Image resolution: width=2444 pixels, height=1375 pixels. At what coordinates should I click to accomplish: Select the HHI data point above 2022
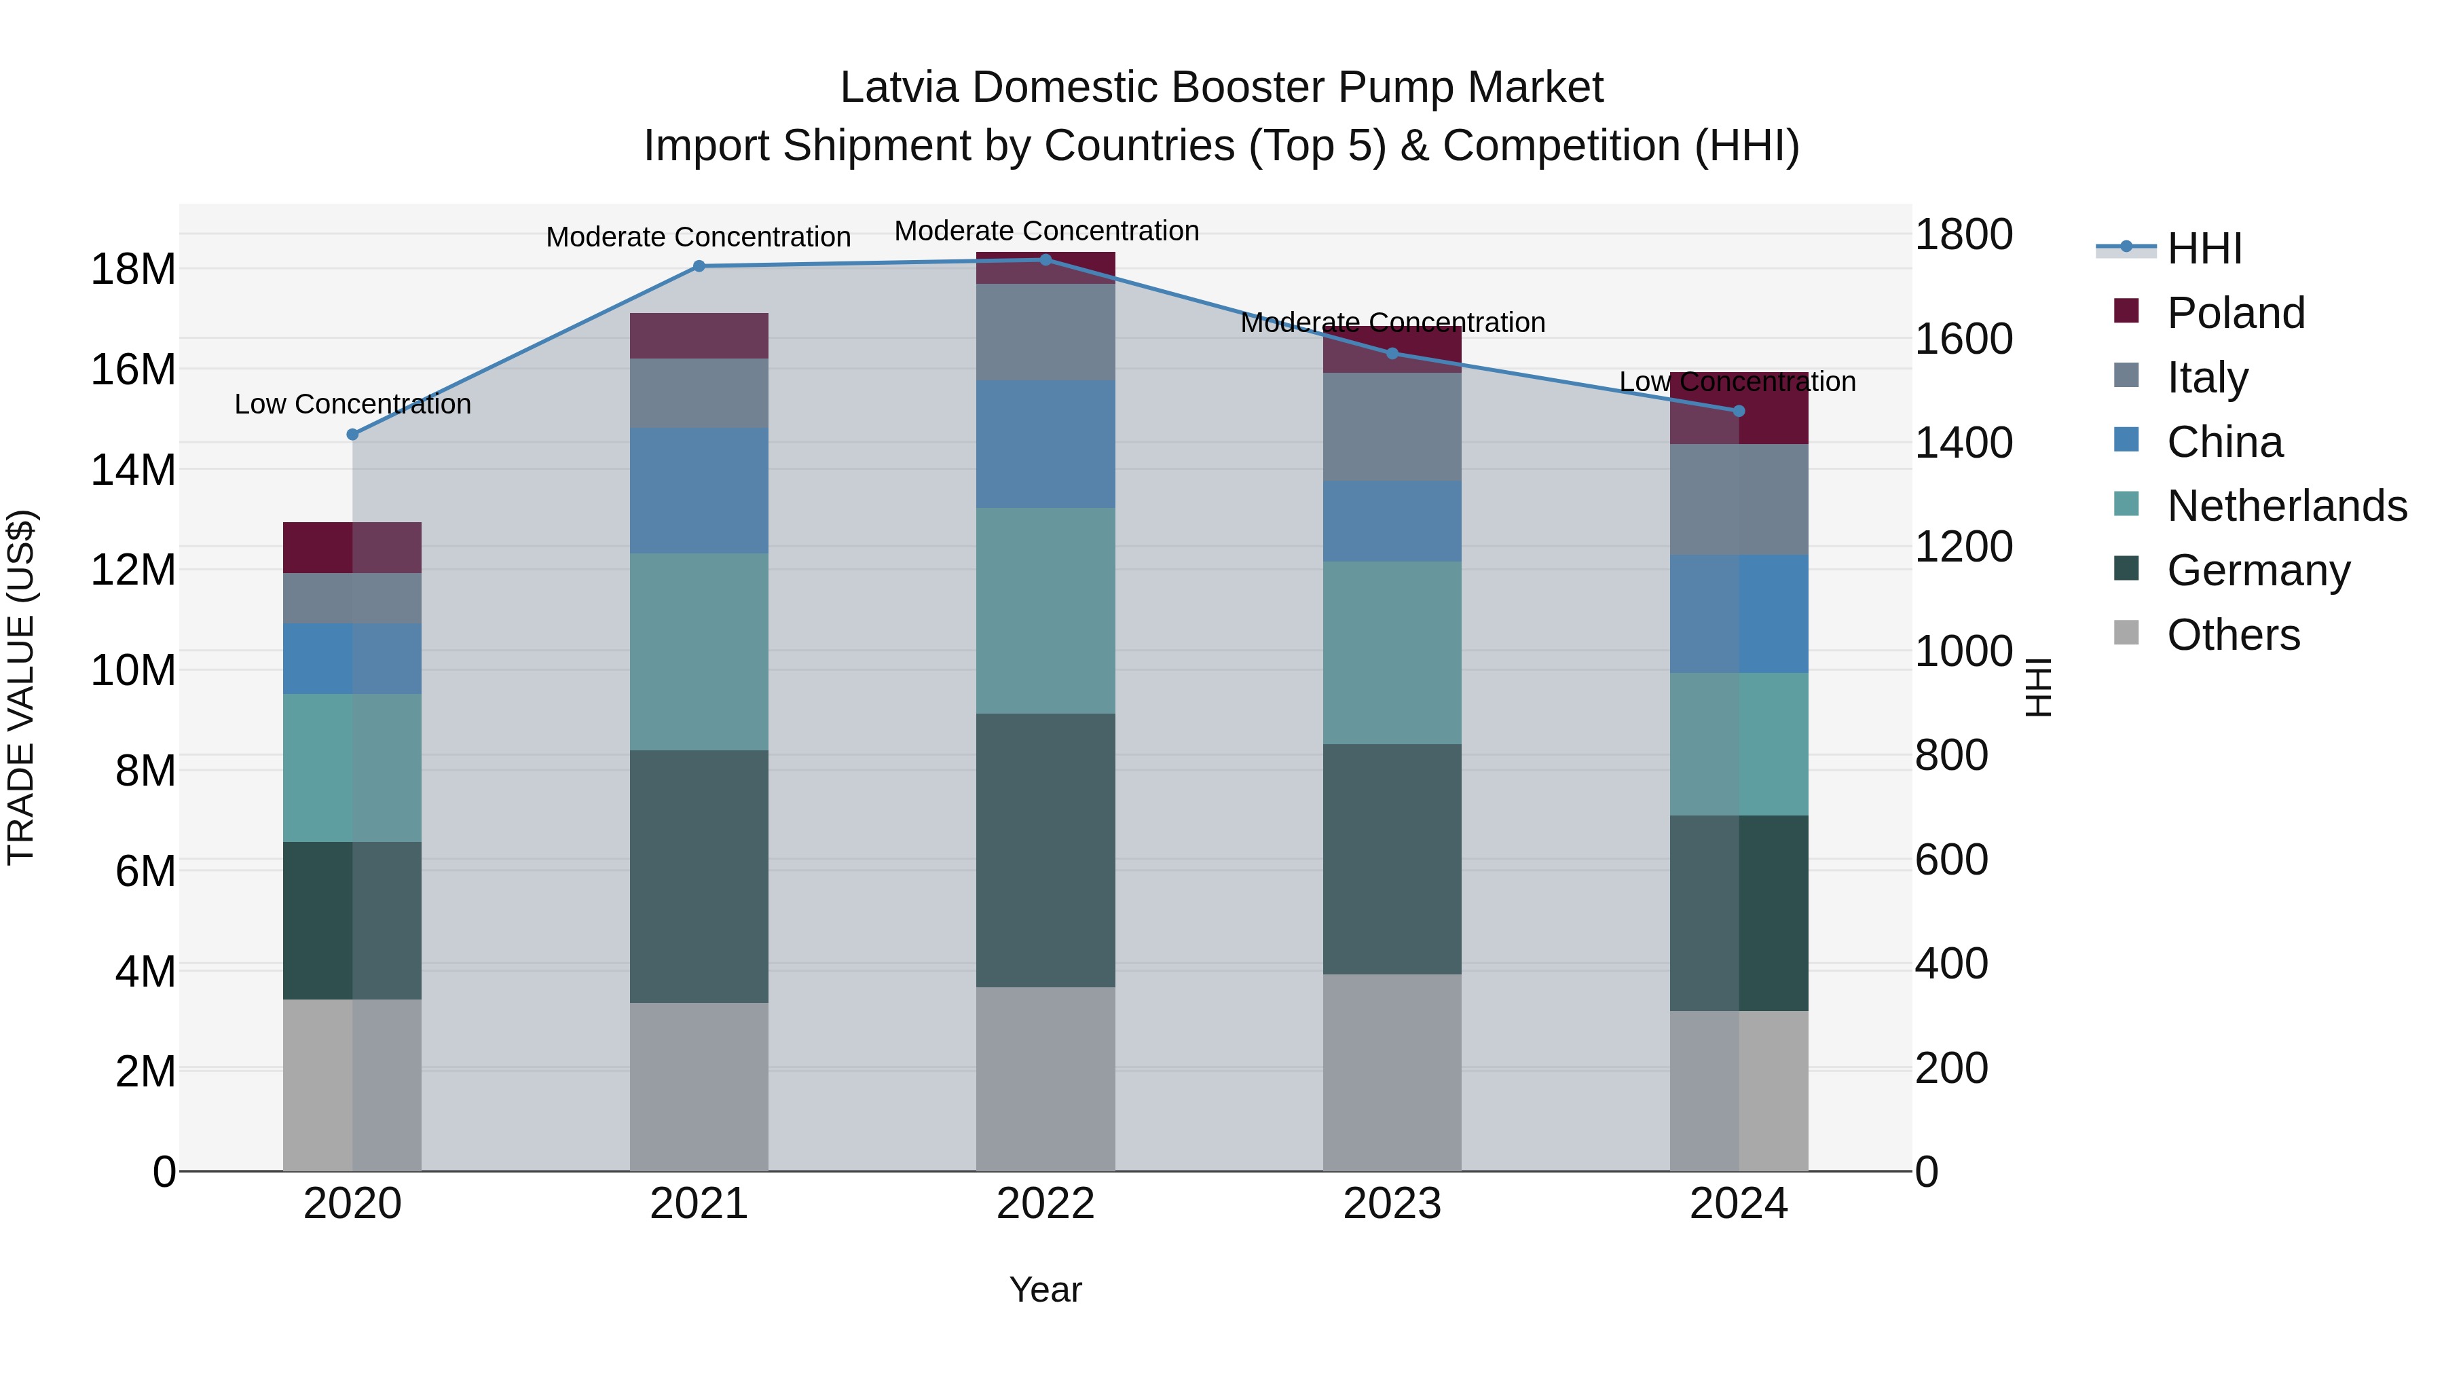(x=1045, y=259)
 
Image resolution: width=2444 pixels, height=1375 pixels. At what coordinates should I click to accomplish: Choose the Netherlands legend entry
(x=2286, y=506)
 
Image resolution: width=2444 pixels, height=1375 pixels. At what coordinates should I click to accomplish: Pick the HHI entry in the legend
(x=2204, y=249)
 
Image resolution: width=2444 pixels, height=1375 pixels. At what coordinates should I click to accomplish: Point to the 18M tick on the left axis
(x=133, y=270)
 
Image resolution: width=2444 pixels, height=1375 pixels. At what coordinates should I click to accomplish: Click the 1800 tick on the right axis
(x=1963, y=234)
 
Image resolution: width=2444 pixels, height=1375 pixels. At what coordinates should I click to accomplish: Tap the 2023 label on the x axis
(x=1392, y=1204)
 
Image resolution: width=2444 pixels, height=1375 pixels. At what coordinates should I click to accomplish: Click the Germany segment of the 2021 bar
(x=699, y=876)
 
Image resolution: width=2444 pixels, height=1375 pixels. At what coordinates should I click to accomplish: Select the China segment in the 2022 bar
(x=1045, y=444)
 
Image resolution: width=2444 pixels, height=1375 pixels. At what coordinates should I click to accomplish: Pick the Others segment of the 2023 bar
(x=1392, y=1072)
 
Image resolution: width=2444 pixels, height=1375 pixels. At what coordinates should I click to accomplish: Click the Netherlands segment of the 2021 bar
(x=699, y=652)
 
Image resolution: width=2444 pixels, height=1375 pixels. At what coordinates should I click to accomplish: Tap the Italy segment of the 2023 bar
(x=1392, y=427)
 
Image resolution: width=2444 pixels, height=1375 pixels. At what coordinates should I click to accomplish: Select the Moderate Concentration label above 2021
(x=699, y=237)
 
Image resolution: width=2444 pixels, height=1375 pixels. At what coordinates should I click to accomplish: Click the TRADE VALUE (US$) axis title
(x=21, y=687)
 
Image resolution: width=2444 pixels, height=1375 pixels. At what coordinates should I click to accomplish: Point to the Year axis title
(x=1045, y=1289)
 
